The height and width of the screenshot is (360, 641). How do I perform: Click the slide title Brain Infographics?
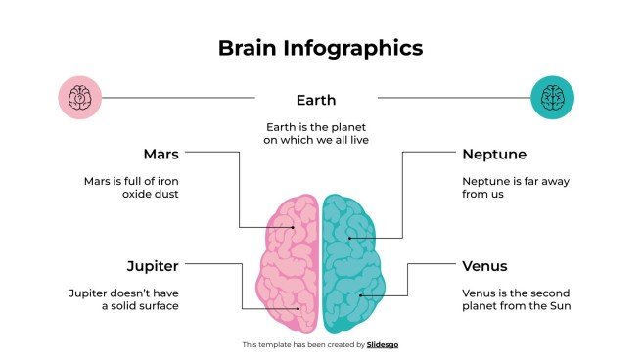[x=320, y=47]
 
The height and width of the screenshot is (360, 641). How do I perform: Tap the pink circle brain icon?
[x=80, y=98]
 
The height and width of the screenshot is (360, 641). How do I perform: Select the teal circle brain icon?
[x=552, y=98]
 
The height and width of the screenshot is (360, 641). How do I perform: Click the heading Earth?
[x=316, y=100]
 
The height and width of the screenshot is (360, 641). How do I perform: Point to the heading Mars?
[x=160, y=155]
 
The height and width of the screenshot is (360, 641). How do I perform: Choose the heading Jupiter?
[x=153, y=265]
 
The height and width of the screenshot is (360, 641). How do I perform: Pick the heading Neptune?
[x=494, y=155]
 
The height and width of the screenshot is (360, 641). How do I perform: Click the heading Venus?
[x=486, y=265]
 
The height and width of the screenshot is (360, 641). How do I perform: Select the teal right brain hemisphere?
[x=350, y=264]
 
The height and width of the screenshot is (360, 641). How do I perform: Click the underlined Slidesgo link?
[x=383, y=344]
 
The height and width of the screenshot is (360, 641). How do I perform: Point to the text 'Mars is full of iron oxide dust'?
[x=130, y=187]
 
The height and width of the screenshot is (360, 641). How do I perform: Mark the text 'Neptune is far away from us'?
[x=515, y=187]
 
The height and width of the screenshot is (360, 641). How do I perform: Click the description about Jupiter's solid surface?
[x=123, y=299]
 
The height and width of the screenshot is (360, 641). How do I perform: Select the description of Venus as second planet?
[x=516, y=299]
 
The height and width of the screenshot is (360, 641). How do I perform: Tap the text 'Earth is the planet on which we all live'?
[x=315, y=134]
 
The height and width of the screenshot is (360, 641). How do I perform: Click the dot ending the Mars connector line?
[x=291, y=228]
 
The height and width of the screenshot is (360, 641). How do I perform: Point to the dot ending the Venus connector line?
[x=360, y=295]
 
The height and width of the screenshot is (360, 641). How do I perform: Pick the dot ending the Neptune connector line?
[x=349, y=238]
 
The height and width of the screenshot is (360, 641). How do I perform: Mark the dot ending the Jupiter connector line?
[x=298, y=308]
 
